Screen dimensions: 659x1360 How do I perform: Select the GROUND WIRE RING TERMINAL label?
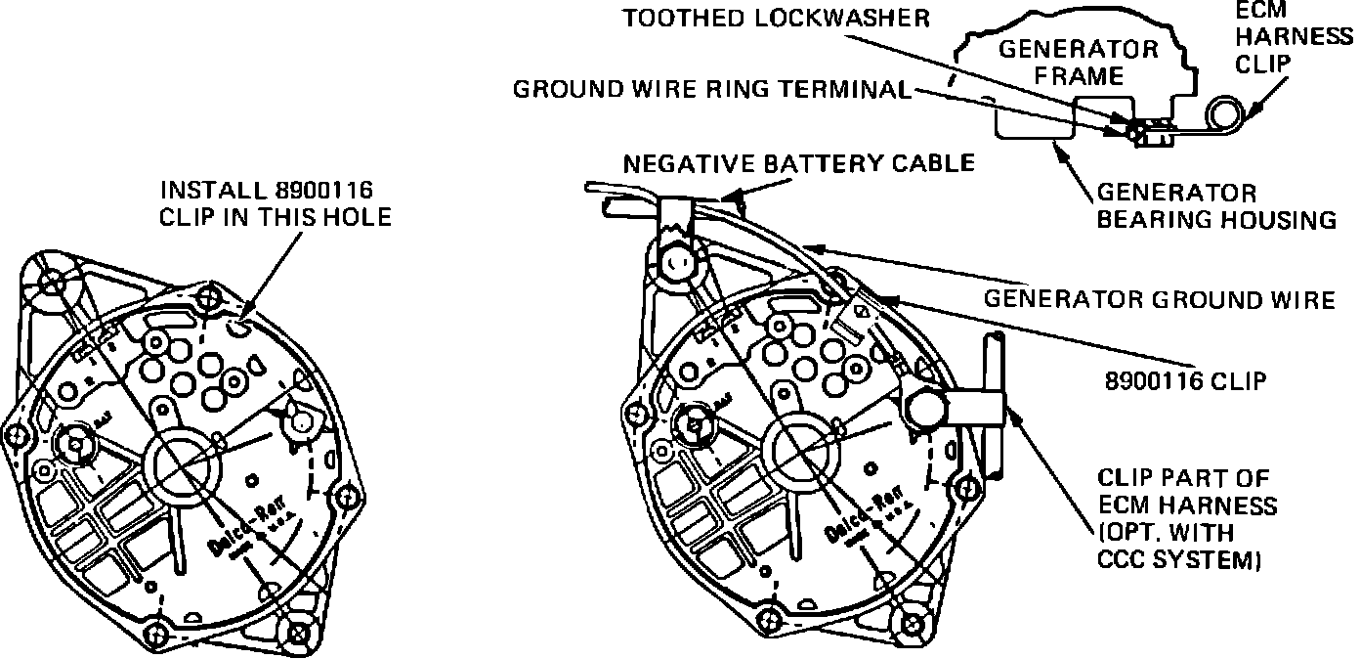tap(711, 90)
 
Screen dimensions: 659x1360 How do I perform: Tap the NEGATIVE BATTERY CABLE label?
tap(799, 161)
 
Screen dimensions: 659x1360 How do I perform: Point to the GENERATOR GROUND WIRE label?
tap(1159, 298)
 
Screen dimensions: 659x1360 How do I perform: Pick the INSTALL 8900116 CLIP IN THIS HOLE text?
tap(275, 202)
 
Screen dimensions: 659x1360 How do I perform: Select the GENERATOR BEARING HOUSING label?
tap(1215, 206)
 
